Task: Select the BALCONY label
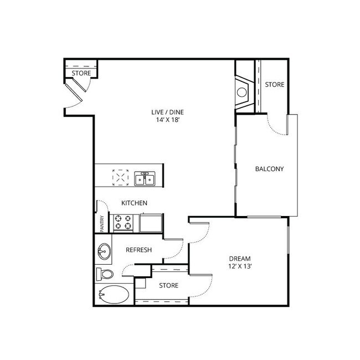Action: (x=269, y=169)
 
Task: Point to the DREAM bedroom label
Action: (x=240, y=259)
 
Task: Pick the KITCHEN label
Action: (x=135, y=203)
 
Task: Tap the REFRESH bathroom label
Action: (x=139, y=250)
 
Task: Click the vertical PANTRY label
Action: (x=102, y=224)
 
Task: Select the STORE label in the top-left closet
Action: (x=81, y=73)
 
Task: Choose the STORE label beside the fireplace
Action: (x=274, y=85)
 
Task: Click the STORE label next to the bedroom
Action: (x=168, y=286)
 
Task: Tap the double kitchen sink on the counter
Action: (x=146, y=179)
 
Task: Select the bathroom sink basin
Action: (x=103, y=252)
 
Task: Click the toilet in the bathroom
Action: (x=104, y=274)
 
